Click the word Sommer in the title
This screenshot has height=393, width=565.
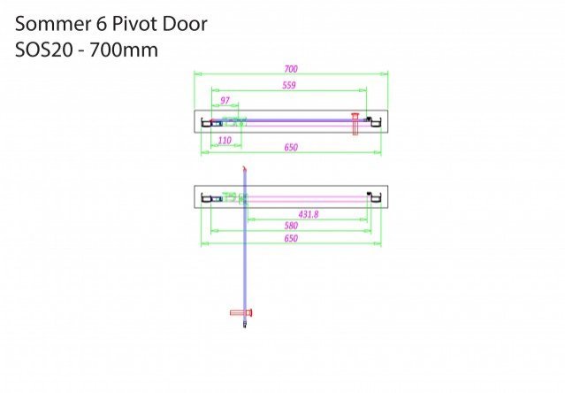(53, 24)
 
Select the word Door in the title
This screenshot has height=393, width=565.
(185, 24)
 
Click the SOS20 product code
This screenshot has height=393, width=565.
(43, 50)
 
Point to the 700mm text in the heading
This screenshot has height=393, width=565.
(124, 50)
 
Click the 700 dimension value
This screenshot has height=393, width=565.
(291, 69)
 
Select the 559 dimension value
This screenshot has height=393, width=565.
(289, 86)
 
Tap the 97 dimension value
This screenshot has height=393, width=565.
(225, 101)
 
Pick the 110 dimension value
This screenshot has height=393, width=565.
(225, 140)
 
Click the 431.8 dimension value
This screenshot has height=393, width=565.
(309, 214)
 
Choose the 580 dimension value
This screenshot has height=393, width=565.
(291, 226)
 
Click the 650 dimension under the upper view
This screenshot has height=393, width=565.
(291, 148)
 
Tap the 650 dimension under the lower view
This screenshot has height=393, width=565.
(291, 239)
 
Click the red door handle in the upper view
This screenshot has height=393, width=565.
(355, 124)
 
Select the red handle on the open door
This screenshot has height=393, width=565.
(241, 312)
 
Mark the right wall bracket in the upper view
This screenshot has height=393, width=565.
(376, 122)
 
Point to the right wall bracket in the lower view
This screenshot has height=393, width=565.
(376, 197)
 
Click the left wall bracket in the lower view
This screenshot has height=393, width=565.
(206, 197)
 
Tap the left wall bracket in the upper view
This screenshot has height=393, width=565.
(206, 122)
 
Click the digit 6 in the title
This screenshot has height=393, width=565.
(102, 24)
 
